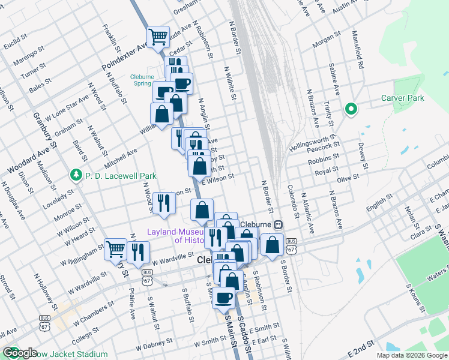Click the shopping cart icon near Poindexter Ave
tap(158, 37)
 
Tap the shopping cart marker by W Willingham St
tap(115, 248)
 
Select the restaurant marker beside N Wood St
tap(163, 203)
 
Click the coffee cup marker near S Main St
tap(224, 297)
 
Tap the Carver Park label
tap(402, 98)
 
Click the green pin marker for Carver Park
tap(351, 109)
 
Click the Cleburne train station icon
tap(279, 224)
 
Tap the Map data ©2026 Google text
tap(412, 355)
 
